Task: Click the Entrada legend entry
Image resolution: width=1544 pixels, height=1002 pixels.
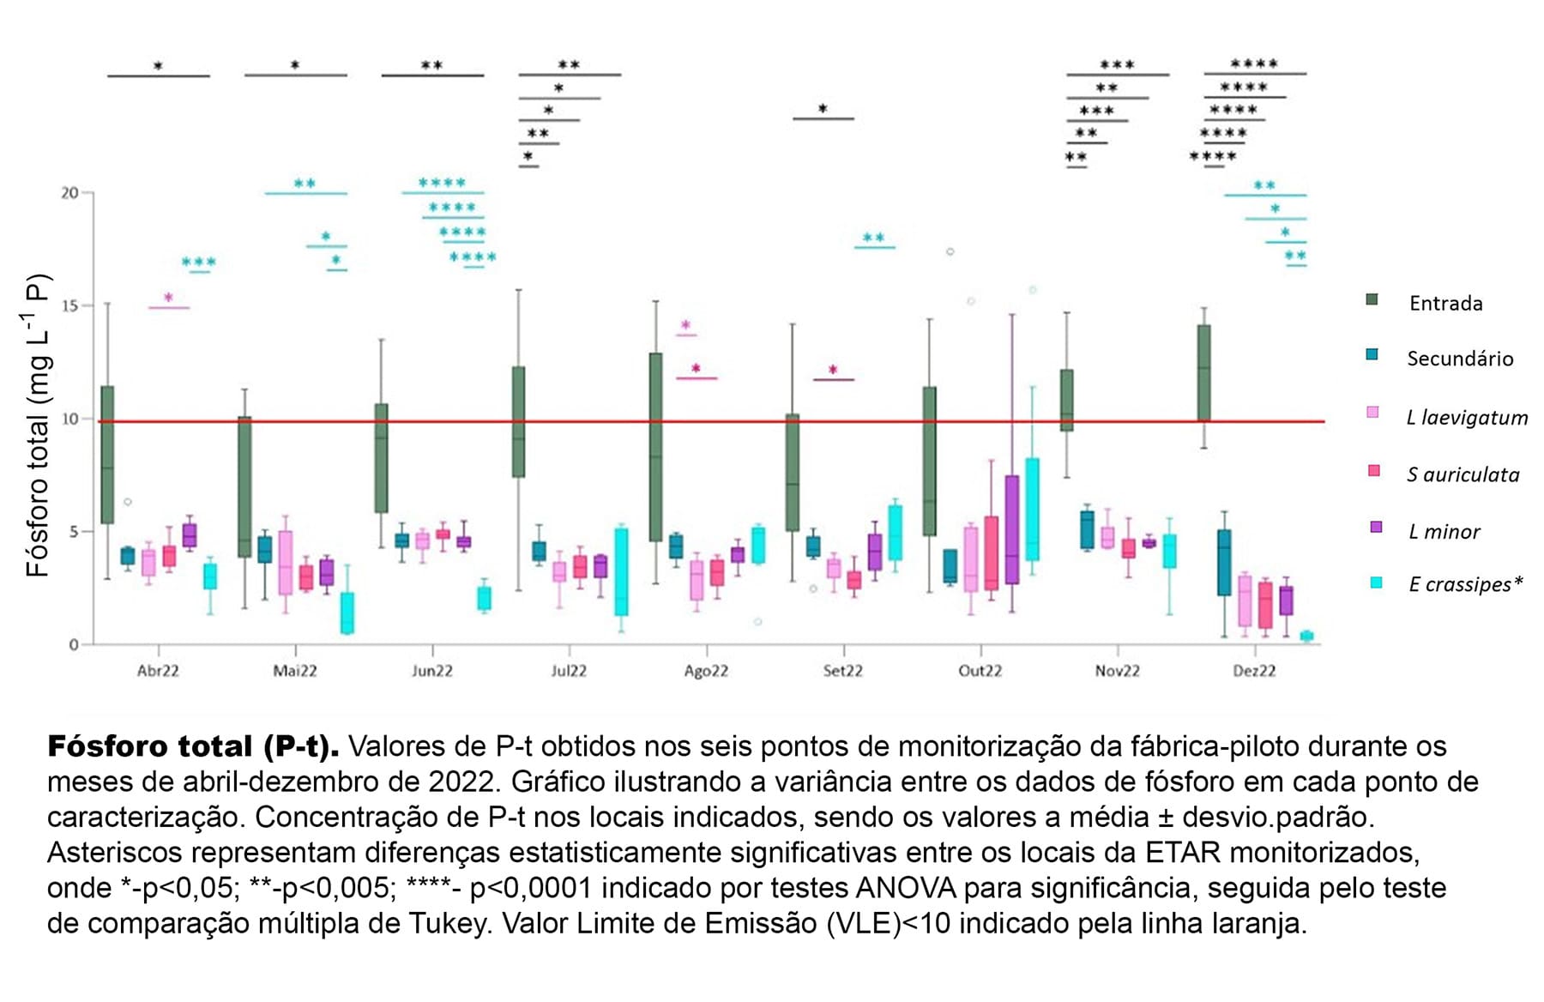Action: click(1445, 303)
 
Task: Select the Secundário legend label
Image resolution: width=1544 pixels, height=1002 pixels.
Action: click(1459, 359)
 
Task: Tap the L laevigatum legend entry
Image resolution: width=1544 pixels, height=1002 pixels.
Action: click(1467, 418)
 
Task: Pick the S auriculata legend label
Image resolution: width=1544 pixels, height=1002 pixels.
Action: click(1463, 474)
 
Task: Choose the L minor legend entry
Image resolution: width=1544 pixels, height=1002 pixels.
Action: click(1444, 532)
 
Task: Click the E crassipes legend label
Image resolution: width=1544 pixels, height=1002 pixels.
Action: click(1465, 584)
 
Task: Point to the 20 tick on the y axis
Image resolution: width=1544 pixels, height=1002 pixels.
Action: click(70, 193)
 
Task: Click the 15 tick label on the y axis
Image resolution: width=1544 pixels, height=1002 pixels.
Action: click(70, 306)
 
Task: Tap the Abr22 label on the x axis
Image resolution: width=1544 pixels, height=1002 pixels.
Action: click(158, 671)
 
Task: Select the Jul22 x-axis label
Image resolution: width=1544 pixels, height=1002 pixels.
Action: click(569, 671)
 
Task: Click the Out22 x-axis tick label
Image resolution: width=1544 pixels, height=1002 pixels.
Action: click(980, 671)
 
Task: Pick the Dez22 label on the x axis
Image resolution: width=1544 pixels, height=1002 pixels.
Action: click(1254, 671)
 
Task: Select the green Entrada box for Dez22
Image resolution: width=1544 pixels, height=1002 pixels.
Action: click(1204, 372)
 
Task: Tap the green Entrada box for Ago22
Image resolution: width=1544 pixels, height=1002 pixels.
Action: click(655, 446)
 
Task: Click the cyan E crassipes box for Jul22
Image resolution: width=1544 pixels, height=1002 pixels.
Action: click(621, 571)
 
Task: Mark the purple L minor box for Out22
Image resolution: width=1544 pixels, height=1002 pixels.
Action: click(1012, 529)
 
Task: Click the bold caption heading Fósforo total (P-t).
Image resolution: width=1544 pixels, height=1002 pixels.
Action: click(193, 746)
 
